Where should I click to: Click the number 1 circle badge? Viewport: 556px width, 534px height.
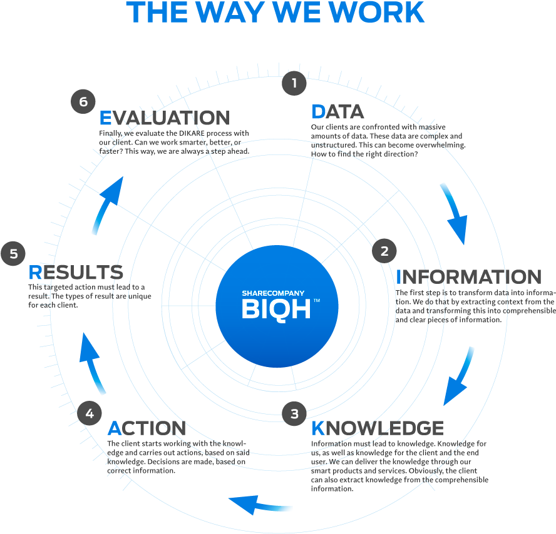294,83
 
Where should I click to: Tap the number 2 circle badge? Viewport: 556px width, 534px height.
384,251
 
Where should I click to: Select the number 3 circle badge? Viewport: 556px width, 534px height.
294,413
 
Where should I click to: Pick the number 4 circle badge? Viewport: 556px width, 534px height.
90,413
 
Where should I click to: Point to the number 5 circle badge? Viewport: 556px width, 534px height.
13,254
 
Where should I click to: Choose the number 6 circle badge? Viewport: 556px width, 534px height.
83,101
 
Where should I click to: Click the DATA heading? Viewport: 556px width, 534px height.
337,112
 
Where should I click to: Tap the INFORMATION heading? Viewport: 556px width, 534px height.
468,276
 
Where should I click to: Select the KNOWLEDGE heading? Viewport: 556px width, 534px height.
378,428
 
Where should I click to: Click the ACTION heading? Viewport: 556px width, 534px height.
147,428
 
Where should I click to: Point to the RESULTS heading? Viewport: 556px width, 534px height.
76,273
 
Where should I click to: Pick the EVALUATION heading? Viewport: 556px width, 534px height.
165,118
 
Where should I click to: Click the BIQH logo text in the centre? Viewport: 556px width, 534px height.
276,309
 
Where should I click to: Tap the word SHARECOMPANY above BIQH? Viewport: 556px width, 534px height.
273,293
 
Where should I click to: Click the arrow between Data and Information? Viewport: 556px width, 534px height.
455,212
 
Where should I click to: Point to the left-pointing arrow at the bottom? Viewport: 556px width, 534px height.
260,503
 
